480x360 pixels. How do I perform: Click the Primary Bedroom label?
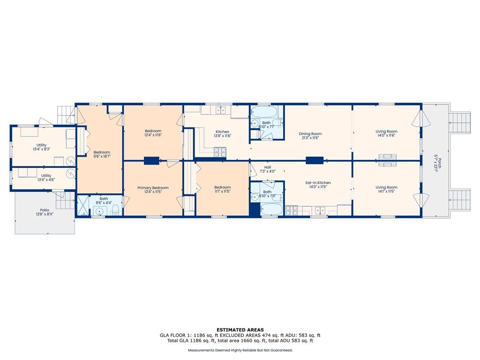tap(153, 187)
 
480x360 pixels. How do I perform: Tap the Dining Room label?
tap(310, 134)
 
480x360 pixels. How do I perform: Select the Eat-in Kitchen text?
tap(318, 183)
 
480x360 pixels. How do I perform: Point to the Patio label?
tap(45, 210)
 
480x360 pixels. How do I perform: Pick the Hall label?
tap(268, 167)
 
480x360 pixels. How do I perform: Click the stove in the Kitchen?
tap(220, 150)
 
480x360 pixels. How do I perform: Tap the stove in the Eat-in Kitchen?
tap(292, 210)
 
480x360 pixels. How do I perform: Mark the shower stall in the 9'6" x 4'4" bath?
tap(82, 205)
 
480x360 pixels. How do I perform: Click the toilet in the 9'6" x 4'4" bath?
tap(115, 210)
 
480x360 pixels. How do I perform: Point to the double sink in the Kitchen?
tap(220, 110)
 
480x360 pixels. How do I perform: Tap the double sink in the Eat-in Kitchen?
tap(321, 210)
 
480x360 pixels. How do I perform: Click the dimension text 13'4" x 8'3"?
tap(42, 149)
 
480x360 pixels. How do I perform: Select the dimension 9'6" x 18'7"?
tap(102, 156)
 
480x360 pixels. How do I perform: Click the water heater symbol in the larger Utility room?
tap(71, 160)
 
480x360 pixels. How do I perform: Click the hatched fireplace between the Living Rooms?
tap(388, 160)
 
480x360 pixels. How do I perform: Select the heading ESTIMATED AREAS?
tap(240, 330)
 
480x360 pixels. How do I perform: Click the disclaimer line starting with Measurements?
tap(240, 350)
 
